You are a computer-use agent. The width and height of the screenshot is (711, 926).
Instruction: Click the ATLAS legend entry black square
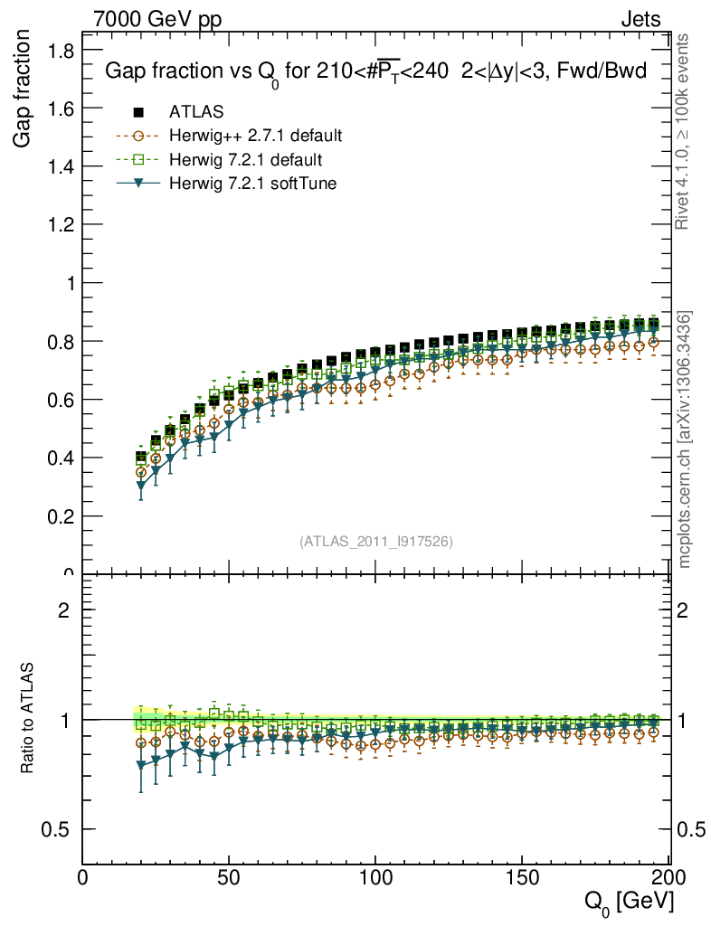click(138, 112)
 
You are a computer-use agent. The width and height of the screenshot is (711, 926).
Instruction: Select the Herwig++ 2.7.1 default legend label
click(255, 136)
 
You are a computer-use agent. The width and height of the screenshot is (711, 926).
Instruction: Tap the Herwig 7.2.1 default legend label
click(246, 159)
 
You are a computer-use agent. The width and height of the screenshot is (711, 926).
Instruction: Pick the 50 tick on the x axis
click(229, 876)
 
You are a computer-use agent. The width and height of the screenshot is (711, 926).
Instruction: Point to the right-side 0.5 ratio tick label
click(691, 829)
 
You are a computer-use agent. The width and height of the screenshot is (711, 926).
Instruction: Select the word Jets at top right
click(640, 19)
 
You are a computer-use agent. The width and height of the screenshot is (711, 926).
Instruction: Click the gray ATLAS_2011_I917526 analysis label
click(376, 541)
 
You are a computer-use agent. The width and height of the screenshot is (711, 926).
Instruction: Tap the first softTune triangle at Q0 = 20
click(141, 487)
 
